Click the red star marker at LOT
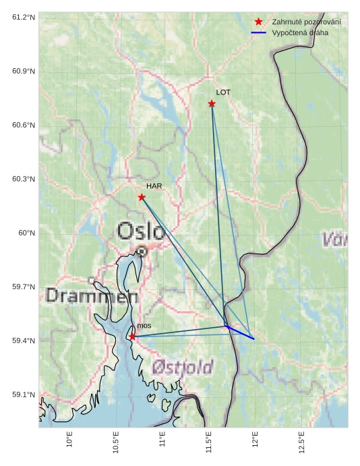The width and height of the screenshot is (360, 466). click(212, 104)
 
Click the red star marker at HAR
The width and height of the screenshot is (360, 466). click(142, 197)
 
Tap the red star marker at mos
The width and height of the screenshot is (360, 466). click(132, 337)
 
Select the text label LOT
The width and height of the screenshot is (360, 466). click(223, 92)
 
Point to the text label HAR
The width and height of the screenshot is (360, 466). click(154, 185)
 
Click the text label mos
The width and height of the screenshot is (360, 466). click(144, 326)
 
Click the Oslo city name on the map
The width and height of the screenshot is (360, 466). click(140, 231)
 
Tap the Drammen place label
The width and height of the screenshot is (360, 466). click(92, 296)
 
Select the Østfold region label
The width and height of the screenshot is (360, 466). click(182, 367)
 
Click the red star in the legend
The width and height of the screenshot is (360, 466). click(258, 22)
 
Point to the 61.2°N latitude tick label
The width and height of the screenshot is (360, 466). click(24, 17)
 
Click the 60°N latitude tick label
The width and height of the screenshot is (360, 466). click(26, 233)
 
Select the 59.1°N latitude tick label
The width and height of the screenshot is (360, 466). click(24, 395)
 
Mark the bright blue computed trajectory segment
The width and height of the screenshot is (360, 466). click(240, 332)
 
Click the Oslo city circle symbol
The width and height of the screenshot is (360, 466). click(142, 252)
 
